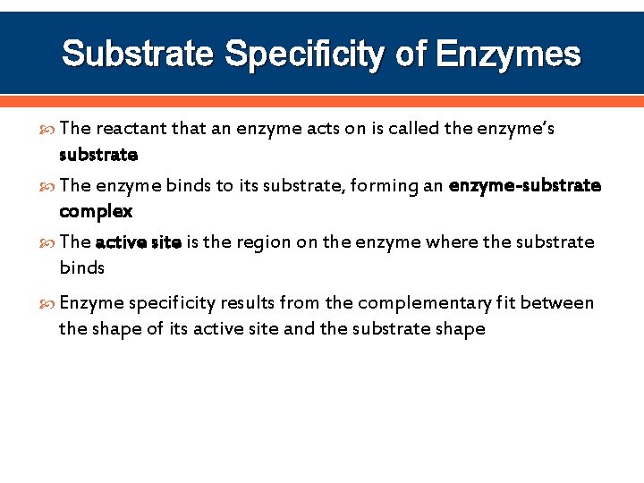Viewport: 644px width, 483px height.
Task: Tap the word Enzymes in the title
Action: pos(507,55)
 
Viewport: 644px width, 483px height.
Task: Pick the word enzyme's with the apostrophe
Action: pos(516,129)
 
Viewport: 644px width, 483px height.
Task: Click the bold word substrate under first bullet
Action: pos(98,155)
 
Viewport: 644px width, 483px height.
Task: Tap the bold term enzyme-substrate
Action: pos(525,186)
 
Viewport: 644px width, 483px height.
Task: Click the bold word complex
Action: pos(96,212)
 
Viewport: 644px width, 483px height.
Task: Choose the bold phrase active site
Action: pos(139,242)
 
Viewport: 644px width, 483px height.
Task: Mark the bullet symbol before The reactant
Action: pos(48,130)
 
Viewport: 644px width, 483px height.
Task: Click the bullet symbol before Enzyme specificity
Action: pos(48,304)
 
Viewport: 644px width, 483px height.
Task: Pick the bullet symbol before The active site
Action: pos(48,243)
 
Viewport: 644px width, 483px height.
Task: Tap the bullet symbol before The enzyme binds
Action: pos(48,187)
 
